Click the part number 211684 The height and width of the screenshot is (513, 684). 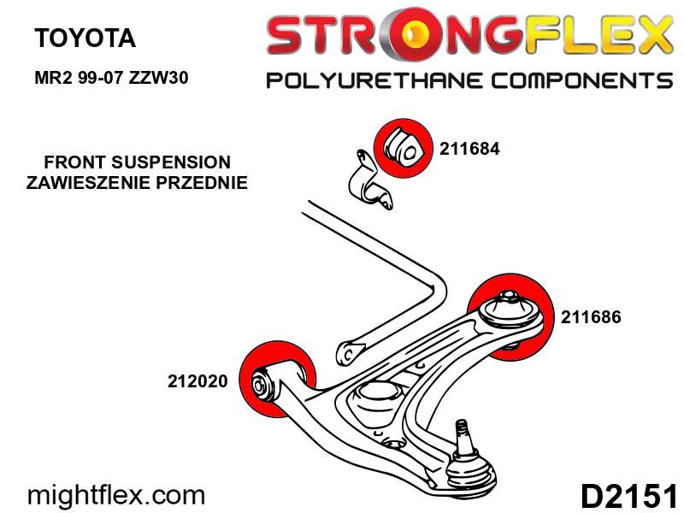[x=469, y=148]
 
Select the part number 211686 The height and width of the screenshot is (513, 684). [x=591, y=317]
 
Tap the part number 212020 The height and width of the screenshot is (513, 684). [x=198, y=382]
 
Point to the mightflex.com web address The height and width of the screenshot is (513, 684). [x=117, y=494]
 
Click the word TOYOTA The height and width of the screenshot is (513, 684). [x=84, y=38]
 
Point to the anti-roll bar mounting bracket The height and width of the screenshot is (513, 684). [x=368, y=183]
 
